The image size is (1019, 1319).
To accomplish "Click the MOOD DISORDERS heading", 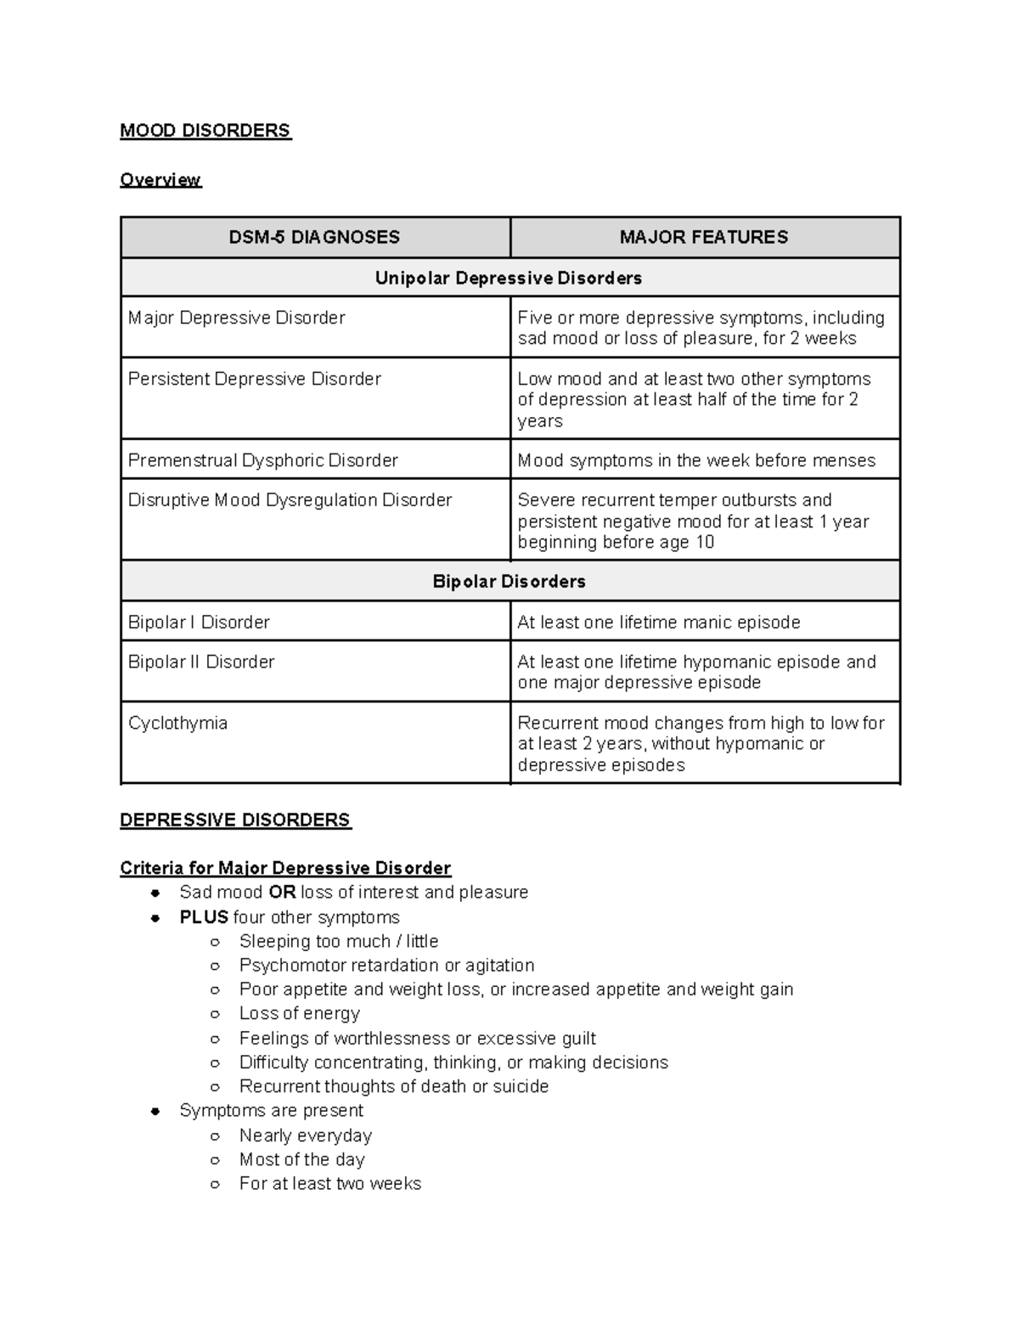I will click(x=205, y=131).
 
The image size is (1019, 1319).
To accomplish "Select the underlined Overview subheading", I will click(x=160, y=180).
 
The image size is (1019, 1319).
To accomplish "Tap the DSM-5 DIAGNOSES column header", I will click(x=314, y=238).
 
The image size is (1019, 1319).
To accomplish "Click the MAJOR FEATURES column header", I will click(x=704, y=238).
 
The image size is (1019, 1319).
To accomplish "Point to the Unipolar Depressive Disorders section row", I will click(x=509, y=279).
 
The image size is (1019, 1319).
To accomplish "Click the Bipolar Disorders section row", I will click(x=509, y=582).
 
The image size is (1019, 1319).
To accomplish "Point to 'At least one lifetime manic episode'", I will click(x=659, y=623).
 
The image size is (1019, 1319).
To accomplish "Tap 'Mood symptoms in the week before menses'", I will click(x=696, y=461).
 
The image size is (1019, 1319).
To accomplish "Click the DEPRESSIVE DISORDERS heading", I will click(x=235, y=820).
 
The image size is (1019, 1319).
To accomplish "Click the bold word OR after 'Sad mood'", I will click(x=282, y=893).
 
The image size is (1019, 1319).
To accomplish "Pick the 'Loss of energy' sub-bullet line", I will click(x=300, y=1014).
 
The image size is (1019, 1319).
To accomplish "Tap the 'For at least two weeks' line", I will click(x=330, y=1184).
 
